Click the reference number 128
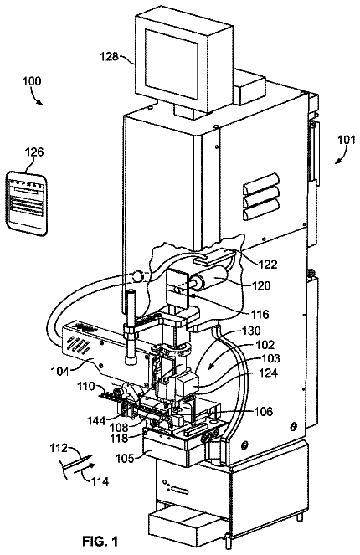tap(109, 57)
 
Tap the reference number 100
tap(32, 81)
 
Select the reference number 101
tap(346, 140)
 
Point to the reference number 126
tap(34, 152)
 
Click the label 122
tap(268, 265)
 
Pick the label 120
tap(261, 285)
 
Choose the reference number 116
tap(260, 314)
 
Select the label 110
tap(87, 386)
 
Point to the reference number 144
tap(96, 420)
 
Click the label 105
tap(126, 459)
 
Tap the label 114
tap(100, 481)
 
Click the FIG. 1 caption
tap(100, 542)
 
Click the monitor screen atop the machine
tap(172, 63)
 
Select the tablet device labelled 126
tap(27, 203)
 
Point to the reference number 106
tap(264, 411)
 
